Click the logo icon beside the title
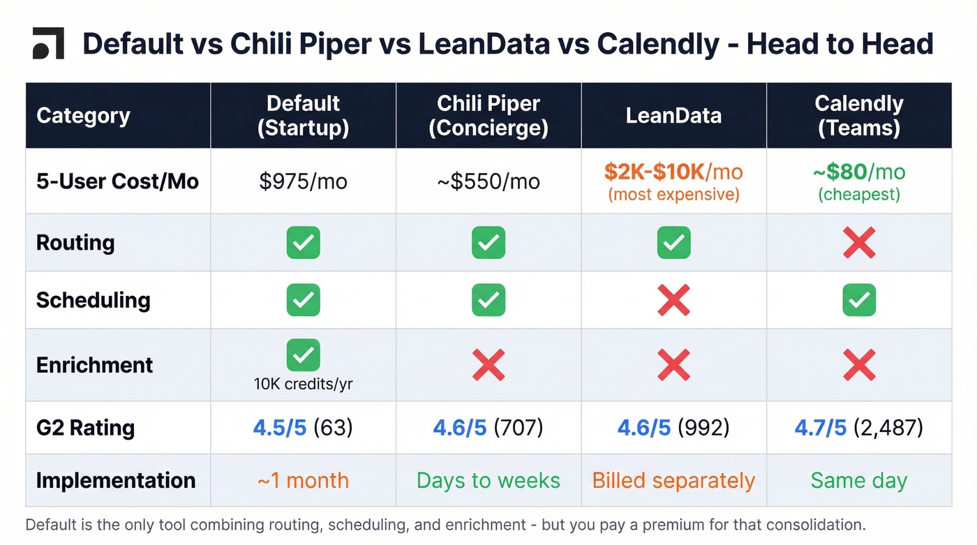point(48,43)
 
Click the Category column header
point(83,115)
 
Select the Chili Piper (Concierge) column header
point(488,115)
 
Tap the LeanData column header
point(673,115)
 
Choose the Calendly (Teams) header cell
point(858,115)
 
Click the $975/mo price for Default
point(303,181)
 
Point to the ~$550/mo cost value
point(488,181)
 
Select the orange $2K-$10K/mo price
point(673,172)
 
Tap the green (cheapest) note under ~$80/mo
point(858,194)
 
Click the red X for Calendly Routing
point(858,243)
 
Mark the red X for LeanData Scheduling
point(673,300)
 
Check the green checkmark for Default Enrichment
point(303,355)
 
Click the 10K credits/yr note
point(303,384)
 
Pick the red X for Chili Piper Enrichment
point(488,364)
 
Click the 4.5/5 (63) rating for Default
point(303,428)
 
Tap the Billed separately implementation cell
point(673,481)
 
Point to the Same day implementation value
point(858,481)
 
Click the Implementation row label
point(115,481)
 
